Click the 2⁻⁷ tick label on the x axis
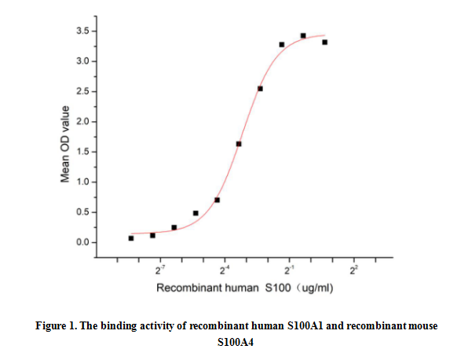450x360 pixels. tap(160, 270)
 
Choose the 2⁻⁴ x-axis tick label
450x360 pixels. tap(225, 270)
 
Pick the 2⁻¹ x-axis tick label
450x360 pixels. tap(289, 270)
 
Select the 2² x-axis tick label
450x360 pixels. tap(353, 270)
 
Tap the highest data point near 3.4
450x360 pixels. tap(303, 35)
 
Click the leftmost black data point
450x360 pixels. tap(131, 238)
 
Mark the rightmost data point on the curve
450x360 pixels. tap(324, 42)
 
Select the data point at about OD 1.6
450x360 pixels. tap(239, 144)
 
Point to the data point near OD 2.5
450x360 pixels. tap(260, 89)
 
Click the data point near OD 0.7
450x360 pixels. tap(217, 200)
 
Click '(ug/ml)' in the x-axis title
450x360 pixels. tap(315, 288)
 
